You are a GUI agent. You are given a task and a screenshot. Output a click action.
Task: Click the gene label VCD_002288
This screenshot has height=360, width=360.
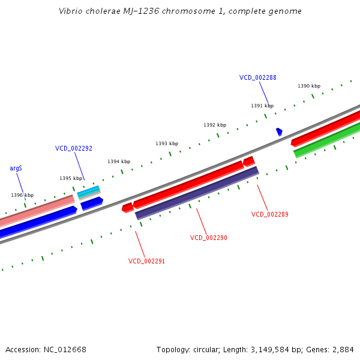point(257,77)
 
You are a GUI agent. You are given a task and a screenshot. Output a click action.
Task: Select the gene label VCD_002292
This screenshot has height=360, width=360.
point(74,148)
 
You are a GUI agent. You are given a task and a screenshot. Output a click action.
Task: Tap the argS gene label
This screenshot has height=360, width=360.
point(16,169)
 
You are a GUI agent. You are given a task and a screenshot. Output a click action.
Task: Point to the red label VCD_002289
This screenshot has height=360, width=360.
point(269,214)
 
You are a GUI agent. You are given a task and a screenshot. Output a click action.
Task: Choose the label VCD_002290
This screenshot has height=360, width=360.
point(208,238)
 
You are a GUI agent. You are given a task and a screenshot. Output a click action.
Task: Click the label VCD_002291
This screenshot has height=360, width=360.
point(146,261)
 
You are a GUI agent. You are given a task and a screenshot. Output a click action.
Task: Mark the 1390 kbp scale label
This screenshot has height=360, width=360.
point(309,86)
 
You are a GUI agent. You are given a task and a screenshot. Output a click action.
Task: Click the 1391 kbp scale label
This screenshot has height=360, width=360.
point(262,106)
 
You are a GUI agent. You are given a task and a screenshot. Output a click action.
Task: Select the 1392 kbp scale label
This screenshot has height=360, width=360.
point(215,125)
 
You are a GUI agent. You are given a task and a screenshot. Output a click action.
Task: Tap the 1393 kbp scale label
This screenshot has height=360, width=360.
point(167,143)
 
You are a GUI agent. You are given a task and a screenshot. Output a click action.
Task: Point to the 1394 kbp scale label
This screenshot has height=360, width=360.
point(119,161)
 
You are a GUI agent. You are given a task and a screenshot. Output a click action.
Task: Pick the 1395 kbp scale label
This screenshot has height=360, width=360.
point(71,178)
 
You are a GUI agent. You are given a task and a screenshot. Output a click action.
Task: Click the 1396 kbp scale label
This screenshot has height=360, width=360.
point(22,195)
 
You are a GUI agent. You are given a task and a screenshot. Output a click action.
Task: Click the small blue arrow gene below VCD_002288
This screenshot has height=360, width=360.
point(279,131)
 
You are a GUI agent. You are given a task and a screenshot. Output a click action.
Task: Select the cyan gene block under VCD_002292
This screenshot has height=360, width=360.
point(88,192)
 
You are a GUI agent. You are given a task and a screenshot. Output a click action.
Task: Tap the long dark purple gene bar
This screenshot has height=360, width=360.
point(197,193)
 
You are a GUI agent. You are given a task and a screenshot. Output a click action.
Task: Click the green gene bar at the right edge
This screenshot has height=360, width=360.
point(327,140)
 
